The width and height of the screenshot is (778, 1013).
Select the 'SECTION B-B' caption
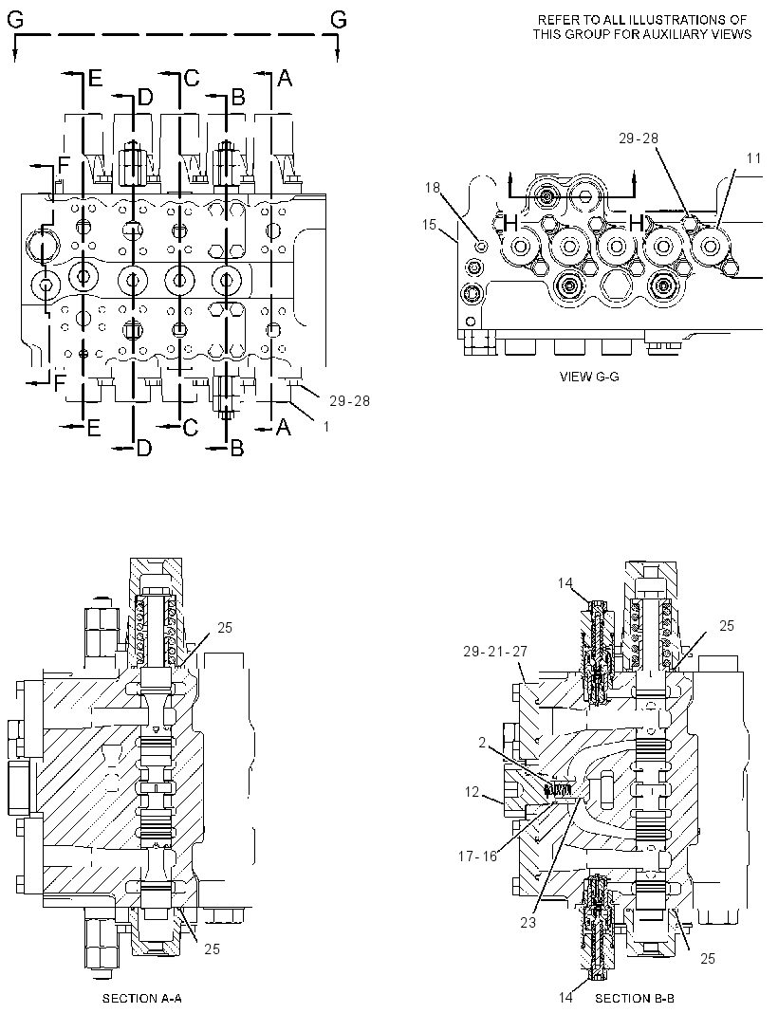coord(635,999)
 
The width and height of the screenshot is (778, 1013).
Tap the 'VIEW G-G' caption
coord(589,377)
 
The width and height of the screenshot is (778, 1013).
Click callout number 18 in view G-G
coord(433,188)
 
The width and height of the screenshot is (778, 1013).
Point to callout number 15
coord(430,224)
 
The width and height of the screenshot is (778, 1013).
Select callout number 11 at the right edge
coord(753,157)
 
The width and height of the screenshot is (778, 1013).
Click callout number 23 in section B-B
coord(528,922)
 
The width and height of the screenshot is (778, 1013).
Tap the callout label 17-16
coord(477,856)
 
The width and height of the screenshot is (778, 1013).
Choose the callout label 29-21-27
coord(495,652)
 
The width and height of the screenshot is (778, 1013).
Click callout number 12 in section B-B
coord(472,791)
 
